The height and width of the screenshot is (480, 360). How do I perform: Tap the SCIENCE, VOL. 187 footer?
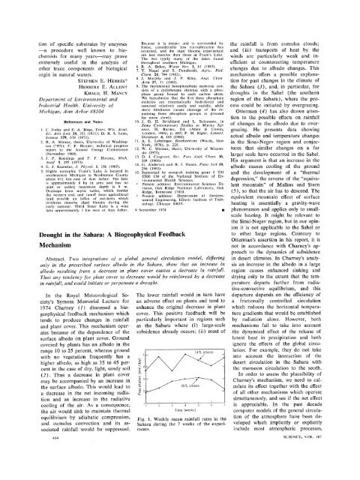coord(320,472)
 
